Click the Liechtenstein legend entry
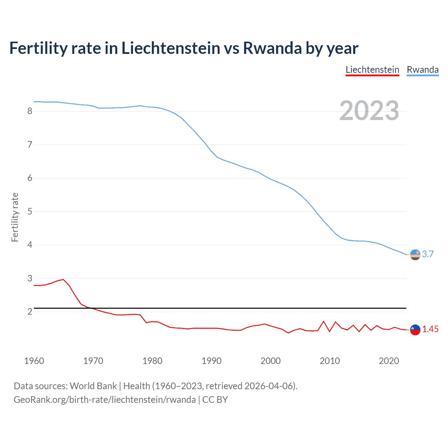372,70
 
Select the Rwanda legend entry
422,70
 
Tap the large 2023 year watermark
369,111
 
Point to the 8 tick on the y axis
30,111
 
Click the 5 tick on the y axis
30,211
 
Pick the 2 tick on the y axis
30,311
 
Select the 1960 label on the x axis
34,361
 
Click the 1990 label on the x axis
211,361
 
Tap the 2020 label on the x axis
389,361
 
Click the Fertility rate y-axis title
15,217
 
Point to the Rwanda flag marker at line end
415,255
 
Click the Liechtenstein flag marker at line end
415,330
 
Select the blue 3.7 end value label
428,254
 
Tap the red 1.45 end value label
430,329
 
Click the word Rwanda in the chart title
272,48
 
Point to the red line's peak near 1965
63,279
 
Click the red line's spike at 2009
324,321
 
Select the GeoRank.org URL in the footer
105,400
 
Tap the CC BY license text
215,400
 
